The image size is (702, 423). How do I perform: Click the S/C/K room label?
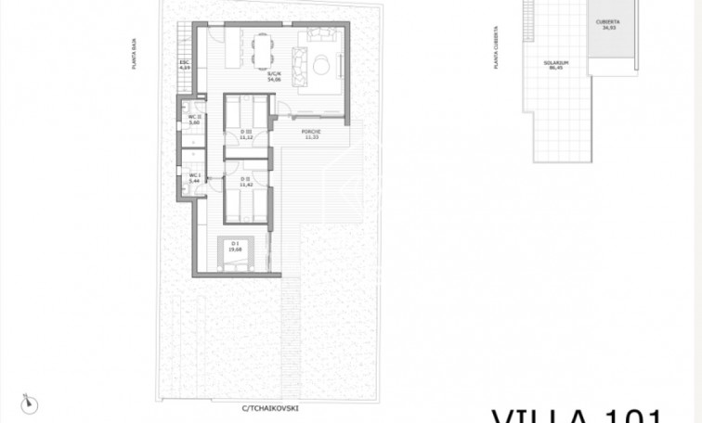tap(273, 73)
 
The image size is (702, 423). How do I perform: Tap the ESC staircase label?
tap(184, 64)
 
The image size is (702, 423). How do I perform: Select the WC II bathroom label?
tap(195, 117)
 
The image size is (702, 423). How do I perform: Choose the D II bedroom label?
tap(246, 178)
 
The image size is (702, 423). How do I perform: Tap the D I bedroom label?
tap(235, 245)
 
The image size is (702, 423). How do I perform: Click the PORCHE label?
tap(311, 133)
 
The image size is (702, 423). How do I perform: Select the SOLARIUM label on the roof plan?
tap(556, 63)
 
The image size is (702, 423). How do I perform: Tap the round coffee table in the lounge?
tap(319, 65)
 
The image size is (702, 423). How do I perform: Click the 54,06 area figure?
tap(273, 79)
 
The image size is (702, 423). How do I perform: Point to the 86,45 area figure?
tap(556, 69)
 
